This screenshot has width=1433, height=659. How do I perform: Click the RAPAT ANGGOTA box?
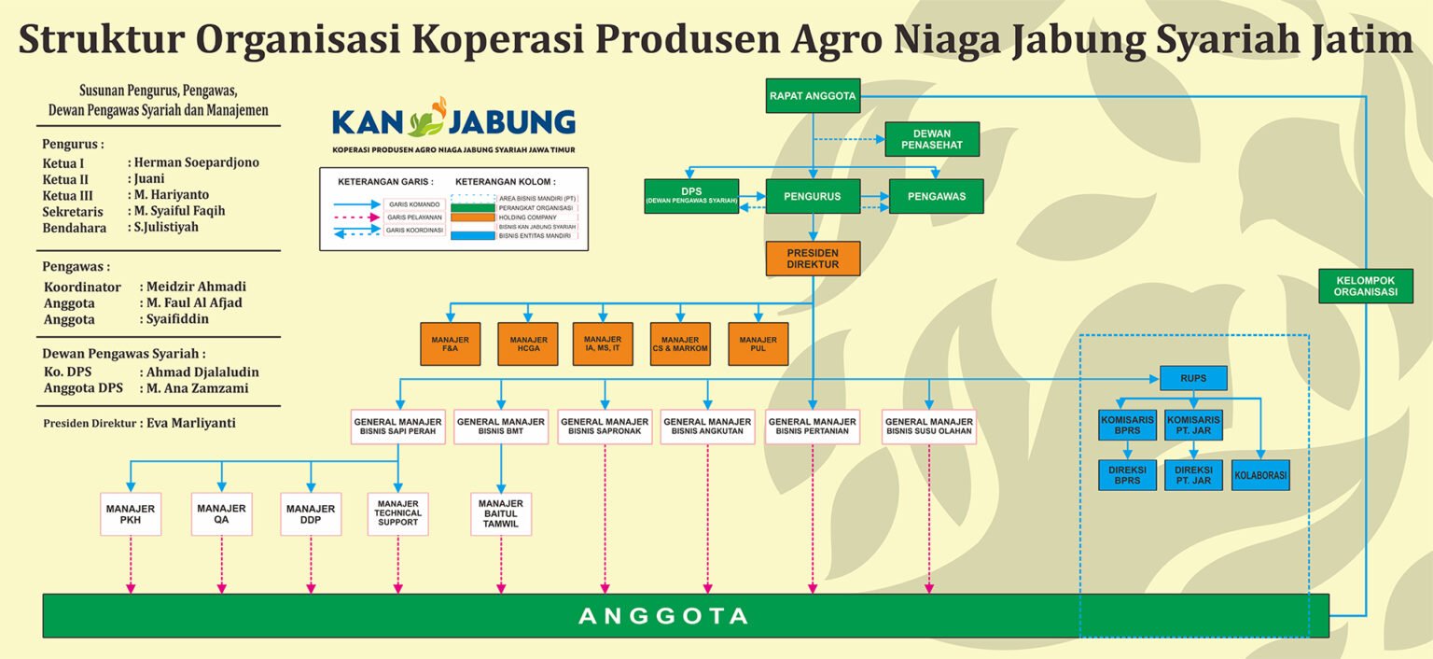813,95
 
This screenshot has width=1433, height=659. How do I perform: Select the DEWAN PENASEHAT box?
932,139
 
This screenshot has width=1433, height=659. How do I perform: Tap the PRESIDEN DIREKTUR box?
813,259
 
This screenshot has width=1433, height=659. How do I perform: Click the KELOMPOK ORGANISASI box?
1366,286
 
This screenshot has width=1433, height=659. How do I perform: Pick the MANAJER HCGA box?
528,344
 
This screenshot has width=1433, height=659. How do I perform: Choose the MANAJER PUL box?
758,344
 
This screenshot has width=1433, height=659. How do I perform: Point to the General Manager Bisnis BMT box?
501,427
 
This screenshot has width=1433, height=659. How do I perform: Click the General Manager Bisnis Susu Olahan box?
929,427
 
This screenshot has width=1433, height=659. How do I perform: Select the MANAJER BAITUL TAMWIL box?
501,513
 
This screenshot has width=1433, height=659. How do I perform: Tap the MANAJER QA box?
221,513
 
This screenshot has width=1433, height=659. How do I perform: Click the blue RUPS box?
1193,378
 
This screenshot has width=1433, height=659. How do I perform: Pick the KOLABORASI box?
1260,475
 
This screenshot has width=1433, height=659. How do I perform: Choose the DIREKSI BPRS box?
1127,475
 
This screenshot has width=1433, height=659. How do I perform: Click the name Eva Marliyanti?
191,423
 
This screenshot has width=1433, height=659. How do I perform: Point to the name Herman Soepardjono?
197,162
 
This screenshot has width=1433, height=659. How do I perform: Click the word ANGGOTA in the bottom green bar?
663,616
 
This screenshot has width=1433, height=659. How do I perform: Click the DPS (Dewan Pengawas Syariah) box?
691,196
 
